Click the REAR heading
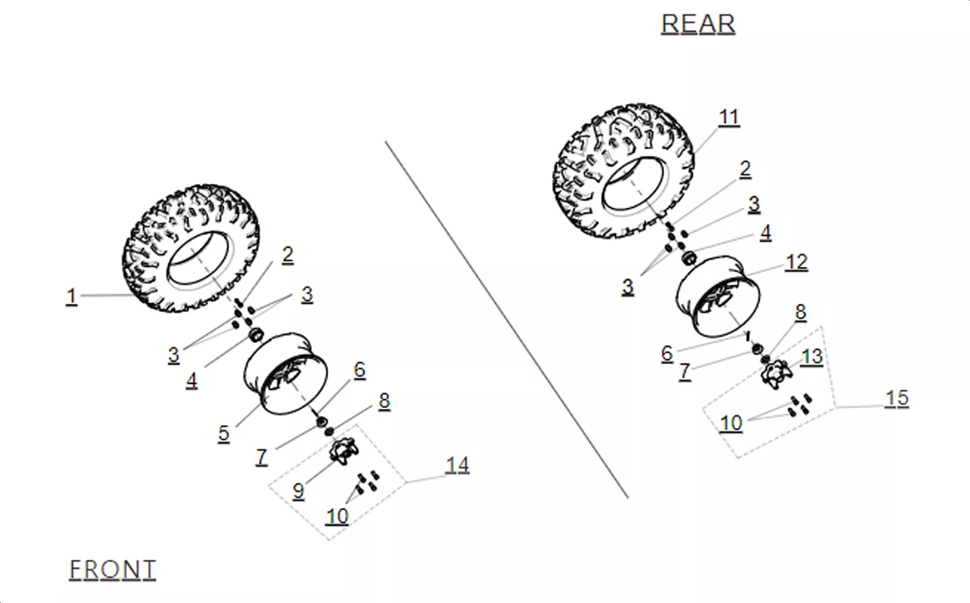point(698,24)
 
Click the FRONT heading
point(112,569)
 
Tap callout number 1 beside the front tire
point(72,297)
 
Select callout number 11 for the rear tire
point(729,118)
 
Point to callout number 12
point(797,262)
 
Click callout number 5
point(223,433)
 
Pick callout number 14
point(457,465)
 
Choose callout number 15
point(897,398)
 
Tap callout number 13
point(812,357)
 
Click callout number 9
point(298,491)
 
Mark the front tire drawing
point(191,248)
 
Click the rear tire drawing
point(623,170)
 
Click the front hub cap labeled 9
point(344,451)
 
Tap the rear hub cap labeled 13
point(776,375)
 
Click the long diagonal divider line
point(506,320)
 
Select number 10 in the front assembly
point(337,516)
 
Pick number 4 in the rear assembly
point(766,233)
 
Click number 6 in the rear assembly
point(667,354)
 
